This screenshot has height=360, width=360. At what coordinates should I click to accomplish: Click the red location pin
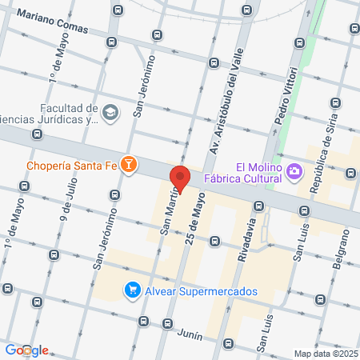180,178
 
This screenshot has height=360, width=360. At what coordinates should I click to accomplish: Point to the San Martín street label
169,214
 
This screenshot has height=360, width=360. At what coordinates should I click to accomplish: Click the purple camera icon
294,170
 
